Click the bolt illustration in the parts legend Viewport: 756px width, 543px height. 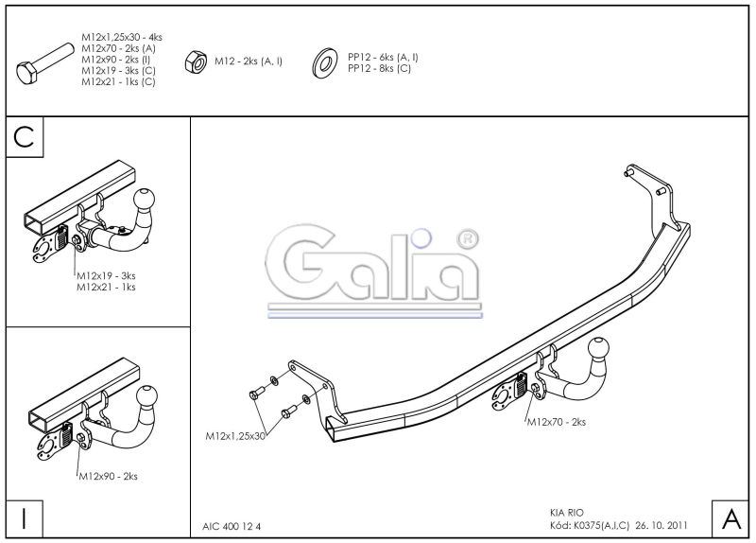coord(44,63)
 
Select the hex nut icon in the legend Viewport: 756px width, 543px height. coord(196,61)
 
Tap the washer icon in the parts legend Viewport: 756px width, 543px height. coord(324,62)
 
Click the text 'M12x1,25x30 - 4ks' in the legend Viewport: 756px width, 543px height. coord(122,37)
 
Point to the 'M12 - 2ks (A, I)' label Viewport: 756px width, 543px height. coord(249,61)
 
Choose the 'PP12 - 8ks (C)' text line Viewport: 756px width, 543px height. coord(380,68)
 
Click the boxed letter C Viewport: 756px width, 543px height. coord(25,137)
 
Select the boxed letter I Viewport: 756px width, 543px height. coord(25,518)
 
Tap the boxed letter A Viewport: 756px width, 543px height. coord(730,518)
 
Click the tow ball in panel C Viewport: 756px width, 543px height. coord(145,199)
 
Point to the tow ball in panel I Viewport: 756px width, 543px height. coord(146,396)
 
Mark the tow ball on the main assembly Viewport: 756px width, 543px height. coord(598,347)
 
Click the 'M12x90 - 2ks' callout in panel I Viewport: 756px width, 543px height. coord(108,477)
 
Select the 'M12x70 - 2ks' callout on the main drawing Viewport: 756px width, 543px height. coord(557,422)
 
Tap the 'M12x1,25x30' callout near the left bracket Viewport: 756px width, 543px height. coord(235,436)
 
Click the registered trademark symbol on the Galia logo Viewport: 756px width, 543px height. coord(467,240)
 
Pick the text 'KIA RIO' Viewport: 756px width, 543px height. coord(566,513)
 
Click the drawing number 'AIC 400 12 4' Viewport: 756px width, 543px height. coord(232,527)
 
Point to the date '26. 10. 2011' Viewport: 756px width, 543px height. coord(662,525)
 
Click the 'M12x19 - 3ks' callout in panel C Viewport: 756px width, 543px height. coord(106,276)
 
